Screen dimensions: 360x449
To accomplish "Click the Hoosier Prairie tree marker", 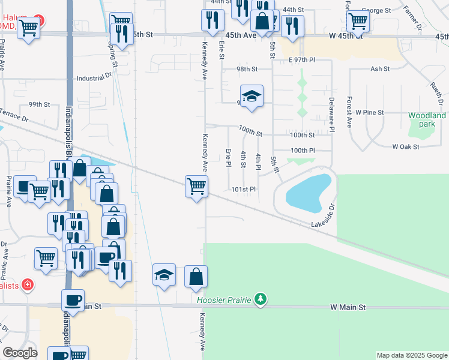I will click(260, 299).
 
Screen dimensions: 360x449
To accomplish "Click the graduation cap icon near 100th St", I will click(252, 96).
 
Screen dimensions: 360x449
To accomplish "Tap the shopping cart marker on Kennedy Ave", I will click(196, 187).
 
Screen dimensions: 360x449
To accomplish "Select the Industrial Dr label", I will click(94, 78).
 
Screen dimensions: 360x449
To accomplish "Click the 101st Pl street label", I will click(244, 190).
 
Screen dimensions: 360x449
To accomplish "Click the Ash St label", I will click(380, 69).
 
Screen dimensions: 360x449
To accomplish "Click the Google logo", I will click(20, 353).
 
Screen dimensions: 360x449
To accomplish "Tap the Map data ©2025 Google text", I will click(411, 355).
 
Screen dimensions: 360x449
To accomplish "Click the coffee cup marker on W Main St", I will click(73, 300).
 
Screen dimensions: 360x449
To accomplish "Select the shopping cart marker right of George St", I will click(358, 20).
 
